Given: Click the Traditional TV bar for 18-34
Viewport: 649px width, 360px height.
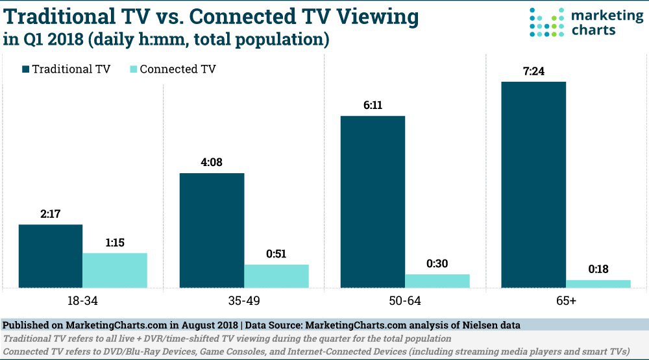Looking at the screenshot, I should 51,256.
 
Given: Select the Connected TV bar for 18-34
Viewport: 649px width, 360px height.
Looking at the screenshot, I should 115,270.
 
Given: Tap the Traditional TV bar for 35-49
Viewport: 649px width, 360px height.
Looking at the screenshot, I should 212,230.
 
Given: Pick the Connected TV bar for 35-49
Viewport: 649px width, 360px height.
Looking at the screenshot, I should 276,276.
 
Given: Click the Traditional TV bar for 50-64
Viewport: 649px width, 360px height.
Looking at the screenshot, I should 373,201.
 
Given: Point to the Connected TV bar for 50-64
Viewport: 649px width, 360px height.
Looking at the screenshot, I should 437,280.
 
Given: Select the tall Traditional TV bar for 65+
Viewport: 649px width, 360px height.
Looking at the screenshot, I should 533,184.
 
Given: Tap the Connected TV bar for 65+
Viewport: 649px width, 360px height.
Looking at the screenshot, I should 598,283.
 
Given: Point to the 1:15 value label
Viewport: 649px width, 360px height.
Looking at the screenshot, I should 115,243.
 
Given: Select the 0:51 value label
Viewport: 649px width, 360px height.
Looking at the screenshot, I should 276,254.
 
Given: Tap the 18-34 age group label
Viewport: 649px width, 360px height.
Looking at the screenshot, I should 82,302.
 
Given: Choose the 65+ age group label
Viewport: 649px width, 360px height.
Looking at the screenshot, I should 565,302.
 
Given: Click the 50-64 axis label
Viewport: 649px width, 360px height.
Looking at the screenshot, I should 405,302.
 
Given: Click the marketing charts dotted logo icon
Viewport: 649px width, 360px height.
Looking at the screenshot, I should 546,23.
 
